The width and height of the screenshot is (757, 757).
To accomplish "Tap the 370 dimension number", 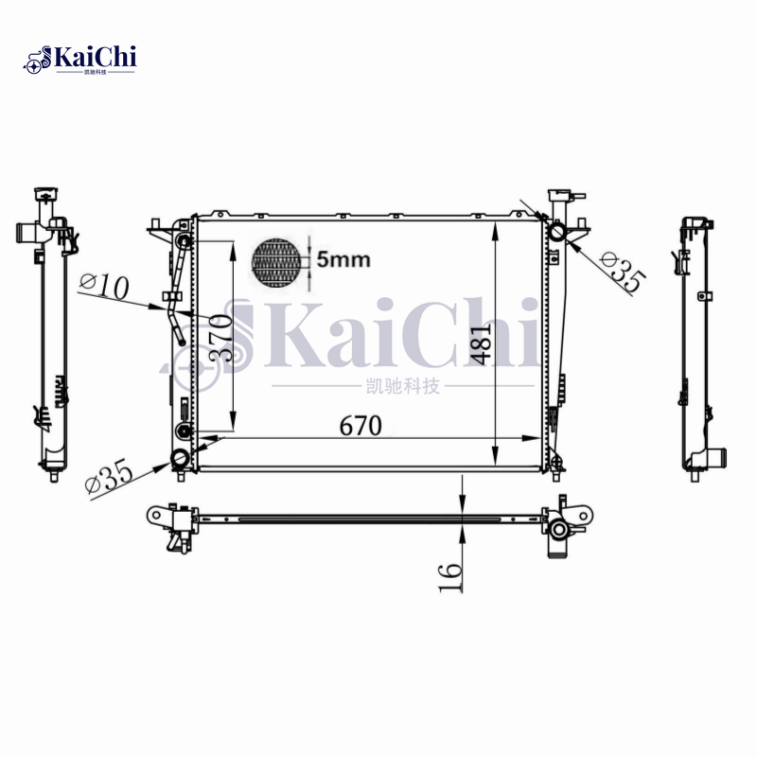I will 220,337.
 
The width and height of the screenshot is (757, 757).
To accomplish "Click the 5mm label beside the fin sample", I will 343,259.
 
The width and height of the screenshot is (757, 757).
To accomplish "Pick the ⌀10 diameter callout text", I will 105,286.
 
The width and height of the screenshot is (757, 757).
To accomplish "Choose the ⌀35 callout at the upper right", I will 623,272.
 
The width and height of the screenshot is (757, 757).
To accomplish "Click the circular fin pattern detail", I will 280,260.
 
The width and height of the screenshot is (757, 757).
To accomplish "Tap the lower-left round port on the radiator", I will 180,460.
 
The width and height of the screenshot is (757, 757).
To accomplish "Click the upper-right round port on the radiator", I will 558,231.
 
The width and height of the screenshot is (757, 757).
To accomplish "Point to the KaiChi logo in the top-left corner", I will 80,59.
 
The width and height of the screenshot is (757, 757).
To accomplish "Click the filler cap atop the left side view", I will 45,198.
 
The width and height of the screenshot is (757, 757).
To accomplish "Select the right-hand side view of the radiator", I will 700,341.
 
